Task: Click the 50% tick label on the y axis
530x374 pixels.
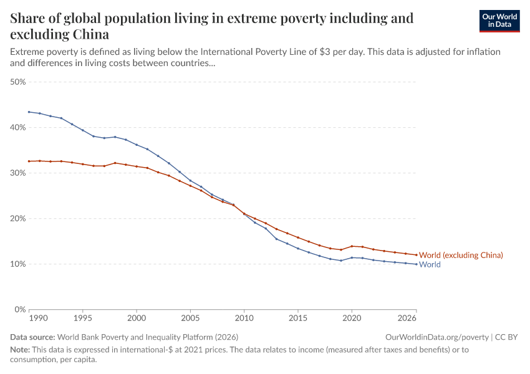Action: click(17, 82)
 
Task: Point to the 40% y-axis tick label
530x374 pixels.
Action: click(17, 127)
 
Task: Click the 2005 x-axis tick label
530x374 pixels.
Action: click(190, 318)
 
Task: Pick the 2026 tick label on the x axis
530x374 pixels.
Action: click(407, 318)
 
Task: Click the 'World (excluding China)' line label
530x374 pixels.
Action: click(461, 255)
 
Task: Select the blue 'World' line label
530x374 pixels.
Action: click(430, 264)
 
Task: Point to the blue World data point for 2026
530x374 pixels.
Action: click(416, 264)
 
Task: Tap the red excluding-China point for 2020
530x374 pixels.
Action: click(352, 246)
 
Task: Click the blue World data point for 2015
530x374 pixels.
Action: click(298, 248)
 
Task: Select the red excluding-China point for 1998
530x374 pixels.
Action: click(115, 163)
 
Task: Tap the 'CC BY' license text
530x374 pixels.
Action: click(508, 337)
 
